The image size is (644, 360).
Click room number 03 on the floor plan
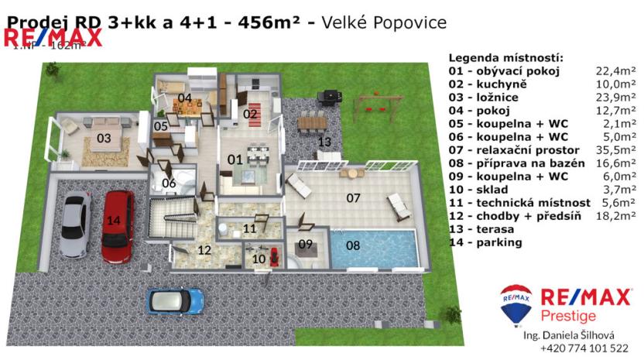tap(104, 139)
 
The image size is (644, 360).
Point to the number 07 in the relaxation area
tap(353, 198)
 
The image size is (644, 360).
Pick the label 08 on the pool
tap(353, 246)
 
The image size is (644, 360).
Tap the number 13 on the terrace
tap(325, 141)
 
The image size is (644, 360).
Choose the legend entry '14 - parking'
tap(485, 242)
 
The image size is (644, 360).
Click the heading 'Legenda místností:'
tap(505, 58)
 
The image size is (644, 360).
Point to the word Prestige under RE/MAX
tap(568, 316)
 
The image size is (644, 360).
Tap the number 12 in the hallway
tap(204, 250)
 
